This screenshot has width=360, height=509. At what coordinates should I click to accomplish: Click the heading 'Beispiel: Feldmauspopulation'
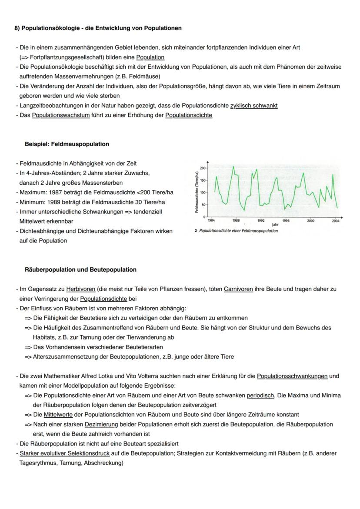pos(67,144)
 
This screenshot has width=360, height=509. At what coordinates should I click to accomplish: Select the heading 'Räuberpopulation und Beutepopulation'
pos(80,269)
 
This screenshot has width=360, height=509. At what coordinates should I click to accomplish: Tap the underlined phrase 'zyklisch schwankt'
pos(254,106)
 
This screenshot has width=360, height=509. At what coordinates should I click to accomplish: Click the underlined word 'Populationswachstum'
pos(61,115)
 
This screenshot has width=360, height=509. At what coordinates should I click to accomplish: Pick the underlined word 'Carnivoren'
pos(238,289)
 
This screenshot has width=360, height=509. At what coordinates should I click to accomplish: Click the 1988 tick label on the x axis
pos(236,221)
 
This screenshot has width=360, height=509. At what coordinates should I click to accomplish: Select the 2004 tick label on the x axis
pos(335,221)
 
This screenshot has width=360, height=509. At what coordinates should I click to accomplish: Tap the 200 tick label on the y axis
pos(203,168)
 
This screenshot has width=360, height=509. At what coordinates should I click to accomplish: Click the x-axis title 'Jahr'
pos(275,225)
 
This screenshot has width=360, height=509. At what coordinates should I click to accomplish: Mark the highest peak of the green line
pos(233,166)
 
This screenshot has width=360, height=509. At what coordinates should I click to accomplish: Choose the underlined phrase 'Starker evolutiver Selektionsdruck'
pos(64,453)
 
